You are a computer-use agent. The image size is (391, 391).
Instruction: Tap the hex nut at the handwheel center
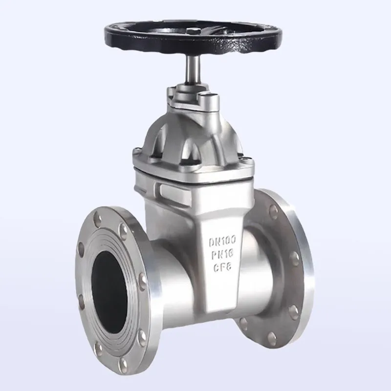(192, 31)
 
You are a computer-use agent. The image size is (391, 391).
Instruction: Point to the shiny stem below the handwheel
(193, 70)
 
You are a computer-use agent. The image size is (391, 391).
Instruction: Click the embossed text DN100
(222, 241)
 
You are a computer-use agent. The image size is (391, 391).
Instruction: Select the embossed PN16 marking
(222, 254)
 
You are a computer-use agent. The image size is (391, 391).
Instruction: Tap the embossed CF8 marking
(222, 267)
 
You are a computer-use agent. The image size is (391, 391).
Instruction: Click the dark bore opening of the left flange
(109, 292)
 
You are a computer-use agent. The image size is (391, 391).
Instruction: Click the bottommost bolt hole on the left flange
(123, 365)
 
